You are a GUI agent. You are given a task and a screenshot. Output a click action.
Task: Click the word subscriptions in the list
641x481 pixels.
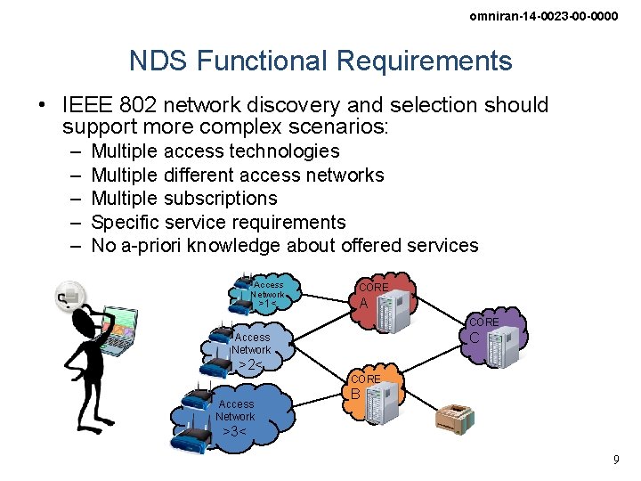click(220, 198)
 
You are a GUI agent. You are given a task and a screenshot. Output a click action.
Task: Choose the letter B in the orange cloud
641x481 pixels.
click(354, 394)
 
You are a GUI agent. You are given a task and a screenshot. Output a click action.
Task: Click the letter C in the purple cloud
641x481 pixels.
click(475, 338)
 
